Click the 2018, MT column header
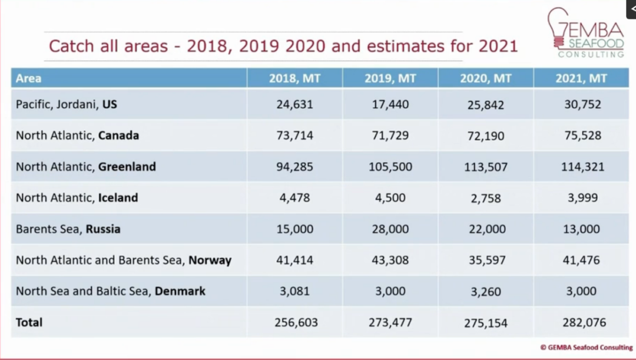tap(294, 78)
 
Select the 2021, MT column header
tap(581, 78)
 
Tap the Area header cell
tap(29, 78)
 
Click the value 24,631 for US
tap(294, 104)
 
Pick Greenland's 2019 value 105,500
tap(390, 167)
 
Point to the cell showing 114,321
tap(582, 167)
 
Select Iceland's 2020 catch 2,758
tap(486, 198)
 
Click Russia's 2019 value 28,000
tap(390, 229)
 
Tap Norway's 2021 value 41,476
tap(582, 260)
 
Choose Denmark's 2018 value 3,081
tap(294, 291)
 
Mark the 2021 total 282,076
tap(582, 322)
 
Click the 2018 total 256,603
tap(296, 322)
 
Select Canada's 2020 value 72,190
tap(486, 136)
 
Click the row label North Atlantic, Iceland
tap(77, 197)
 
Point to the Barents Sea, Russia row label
tap(68, 229)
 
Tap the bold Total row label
tap(29, 322)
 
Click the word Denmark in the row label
tap(180, 291)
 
